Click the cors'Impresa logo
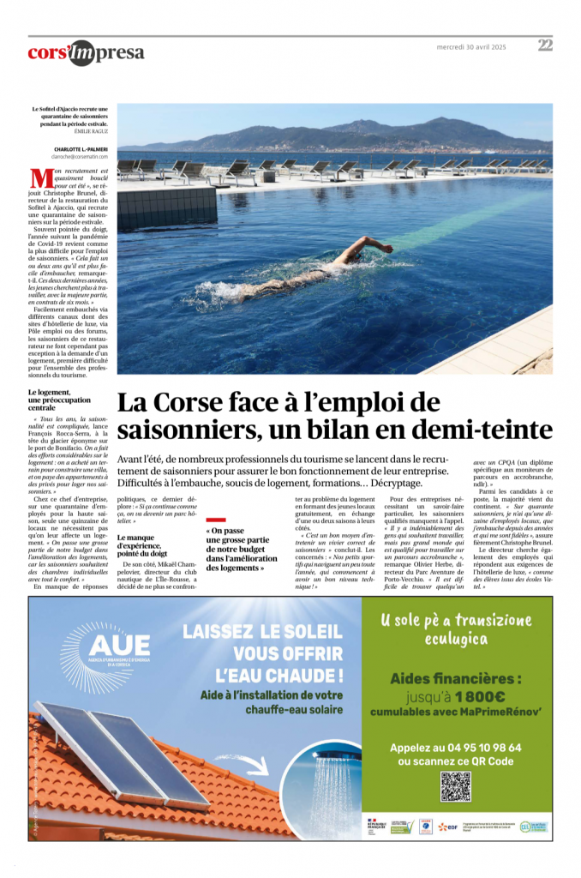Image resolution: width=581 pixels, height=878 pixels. pos(86,52)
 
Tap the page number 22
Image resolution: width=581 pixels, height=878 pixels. pos(545,45)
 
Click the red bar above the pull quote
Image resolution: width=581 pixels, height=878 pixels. pos(216,520)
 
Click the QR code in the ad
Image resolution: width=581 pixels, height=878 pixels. pos(455,786)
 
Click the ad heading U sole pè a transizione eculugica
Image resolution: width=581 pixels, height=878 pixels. pos(455,629)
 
